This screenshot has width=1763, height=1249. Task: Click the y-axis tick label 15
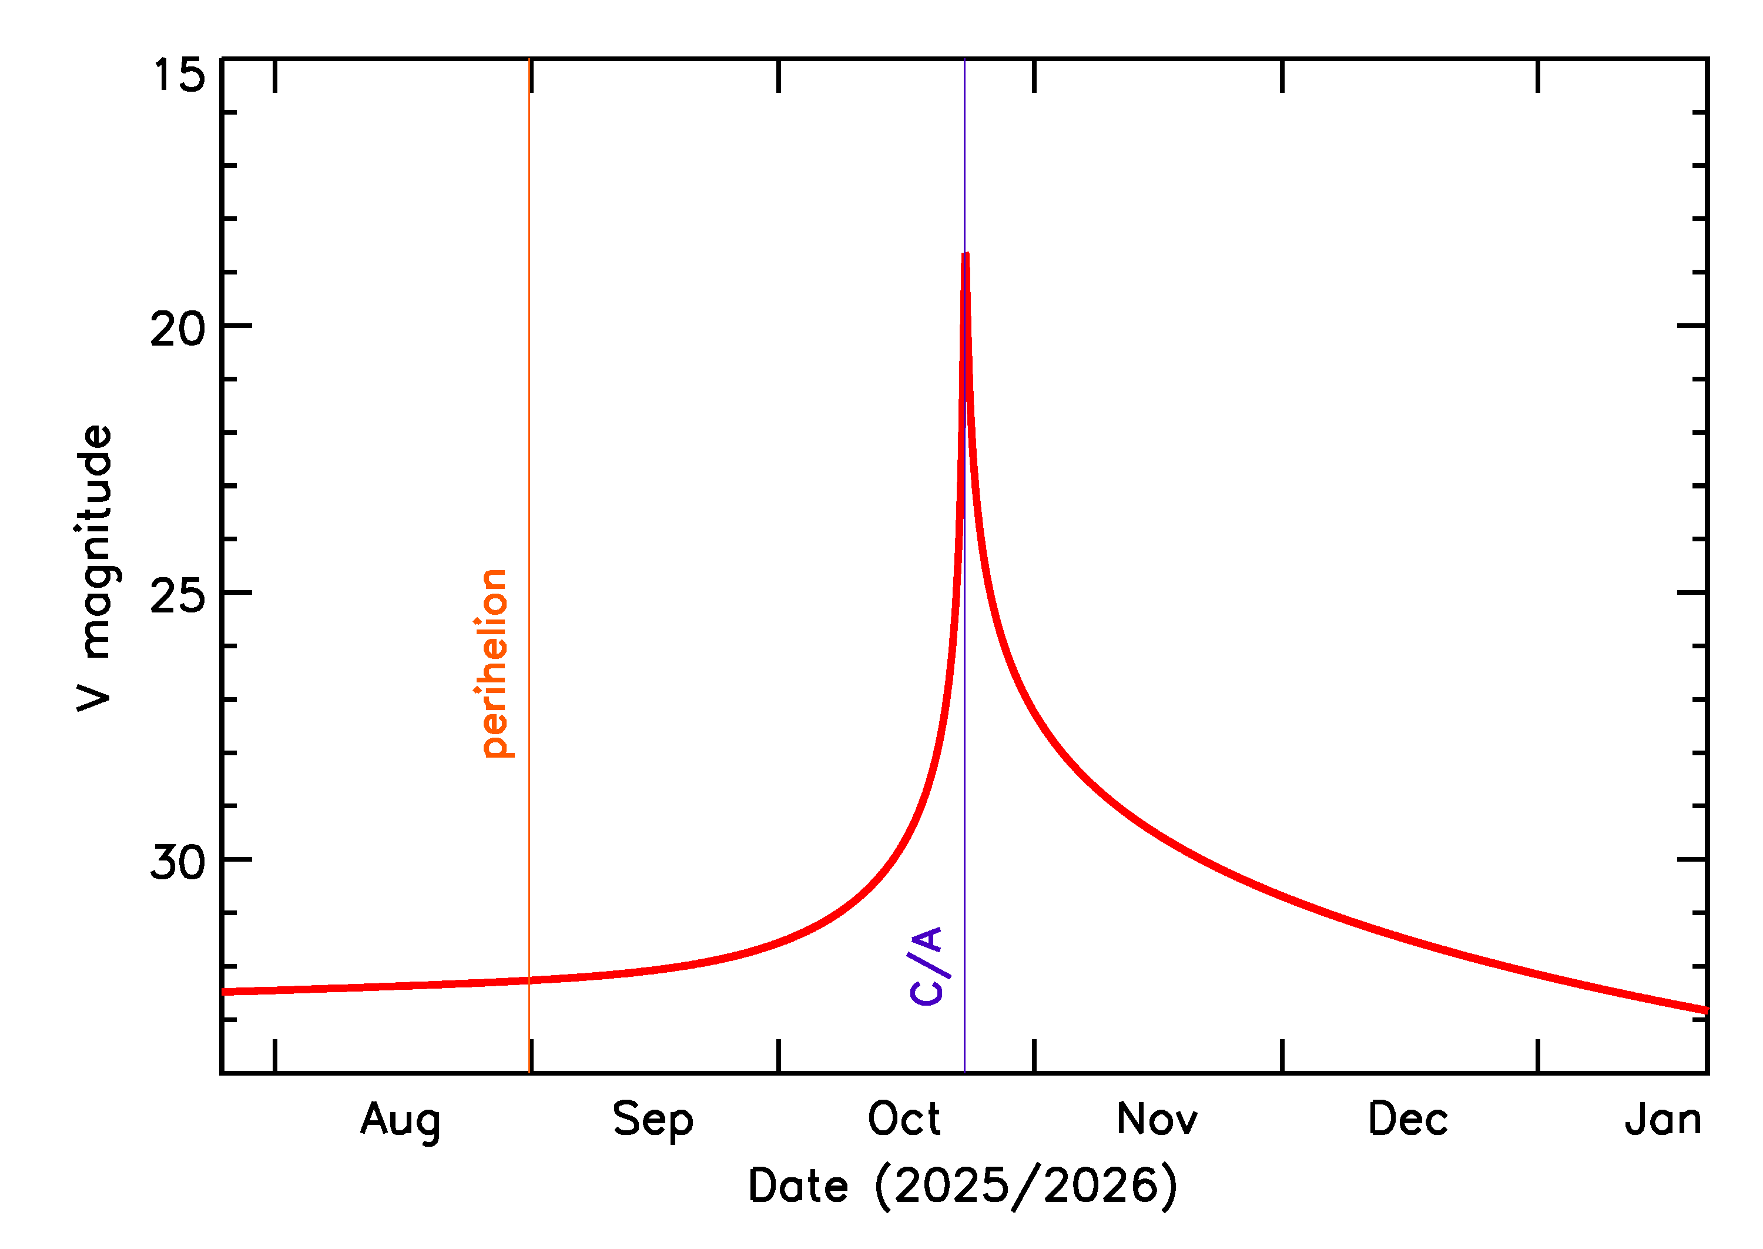click(x=179, y=75)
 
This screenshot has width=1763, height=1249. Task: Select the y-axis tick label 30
click(x=177, y=862)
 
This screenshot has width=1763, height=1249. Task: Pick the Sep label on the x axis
click(x=653, y=1120)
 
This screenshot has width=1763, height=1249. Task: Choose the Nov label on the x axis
click(x=1157, y=1119)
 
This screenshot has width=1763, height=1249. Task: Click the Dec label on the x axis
click(x=1408, y=1119)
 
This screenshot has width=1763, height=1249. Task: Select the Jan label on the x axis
click(x=1663, y=1119)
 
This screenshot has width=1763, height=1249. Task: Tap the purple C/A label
click(x=927, y=965)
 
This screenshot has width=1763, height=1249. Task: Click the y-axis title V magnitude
click(x=95, y=568)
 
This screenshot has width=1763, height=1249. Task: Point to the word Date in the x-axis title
click(x=798, y=1186)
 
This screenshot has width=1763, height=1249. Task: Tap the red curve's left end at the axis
click(x=224, y=992)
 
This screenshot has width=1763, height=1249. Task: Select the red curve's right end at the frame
click(x=1705, y=1010)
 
